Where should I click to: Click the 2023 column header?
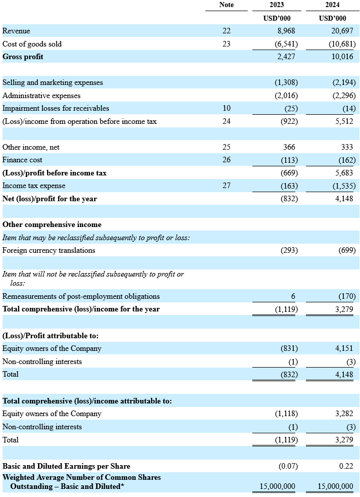click(277, 5)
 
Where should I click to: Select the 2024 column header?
click(332, 5)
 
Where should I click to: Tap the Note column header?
click(227, 5)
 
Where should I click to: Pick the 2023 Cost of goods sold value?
click(286, 44)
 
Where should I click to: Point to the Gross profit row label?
click(23, 57)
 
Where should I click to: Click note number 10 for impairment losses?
click(227, 108)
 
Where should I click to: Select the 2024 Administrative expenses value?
click(344, 96)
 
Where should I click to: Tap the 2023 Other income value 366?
click(289, 147)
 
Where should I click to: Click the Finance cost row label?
click(22, 160)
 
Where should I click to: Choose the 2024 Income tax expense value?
click(344, 186)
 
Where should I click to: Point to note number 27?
click(227, 186)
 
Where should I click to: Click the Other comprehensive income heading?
click(52, 224)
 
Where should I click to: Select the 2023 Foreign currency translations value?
click(289, 250)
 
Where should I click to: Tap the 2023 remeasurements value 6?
click(293, 296)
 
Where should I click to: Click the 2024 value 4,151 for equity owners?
click(344, 348)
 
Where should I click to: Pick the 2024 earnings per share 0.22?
click(346, 466)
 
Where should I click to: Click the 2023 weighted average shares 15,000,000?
click(277, 486)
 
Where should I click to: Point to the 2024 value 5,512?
click(344, 121)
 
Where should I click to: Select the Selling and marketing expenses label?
click(53, 82)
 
